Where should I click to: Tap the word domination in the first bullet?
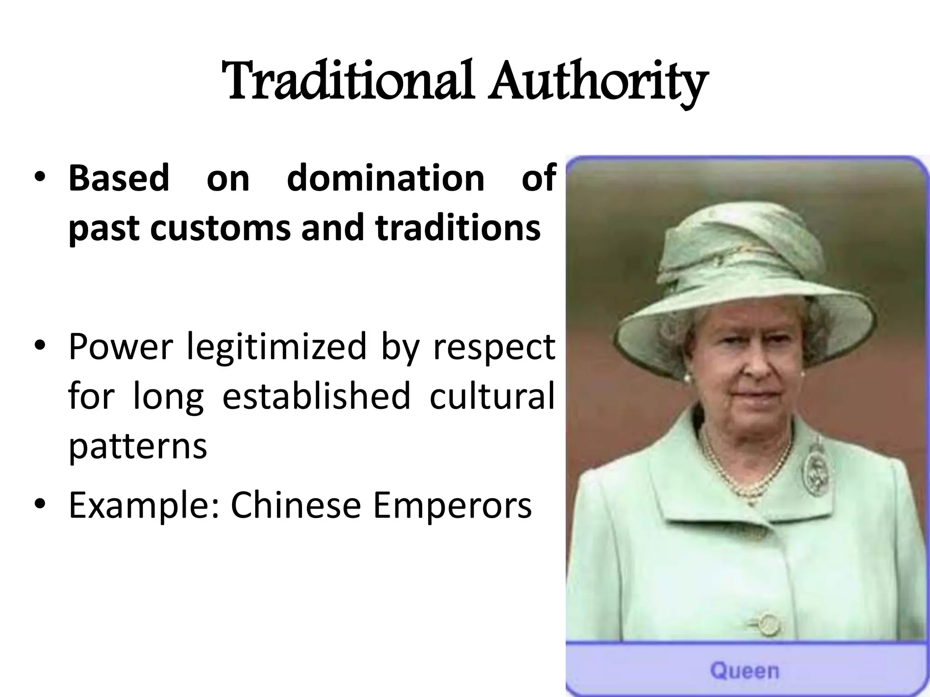coord(386,178)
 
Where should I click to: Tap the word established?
coord(316,396)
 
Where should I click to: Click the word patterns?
coord(138,447)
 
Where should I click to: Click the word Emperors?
coord(452,506)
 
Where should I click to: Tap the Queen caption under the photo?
coord(745,671)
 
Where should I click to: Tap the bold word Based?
coord(119,178)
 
